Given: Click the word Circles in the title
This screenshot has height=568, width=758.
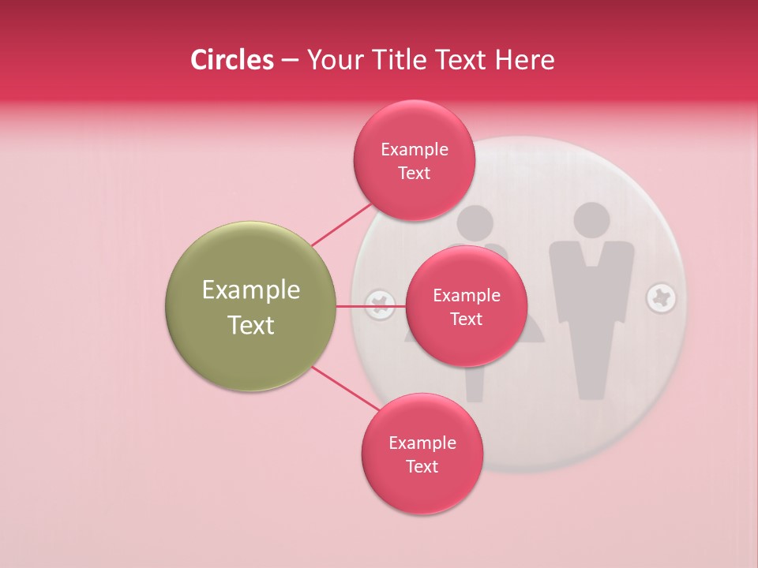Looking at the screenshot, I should (x=232, y=60).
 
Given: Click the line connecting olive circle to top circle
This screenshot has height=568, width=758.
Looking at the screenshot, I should (x=341, y=224).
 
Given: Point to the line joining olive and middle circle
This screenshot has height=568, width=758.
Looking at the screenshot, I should (x=371, y=305).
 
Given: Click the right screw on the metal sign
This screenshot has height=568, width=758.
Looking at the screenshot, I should (x=661, y=299).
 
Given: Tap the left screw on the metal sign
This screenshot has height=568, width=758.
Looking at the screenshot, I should (x=381, y=304).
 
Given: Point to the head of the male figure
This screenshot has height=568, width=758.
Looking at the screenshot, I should (x=591, y=221).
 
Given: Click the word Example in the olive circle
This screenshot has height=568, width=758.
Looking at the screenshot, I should (x=251, y=290).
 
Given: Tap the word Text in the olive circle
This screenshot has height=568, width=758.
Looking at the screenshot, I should (x=251, y=325).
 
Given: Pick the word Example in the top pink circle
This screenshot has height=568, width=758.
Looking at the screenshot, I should (x=415, y=150).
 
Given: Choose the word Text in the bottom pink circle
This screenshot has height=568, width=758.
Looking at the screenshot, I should (x=422, y=466).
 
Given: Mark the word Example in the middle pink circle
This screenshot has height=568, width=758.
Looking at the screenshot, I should (x=467, y=296).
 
